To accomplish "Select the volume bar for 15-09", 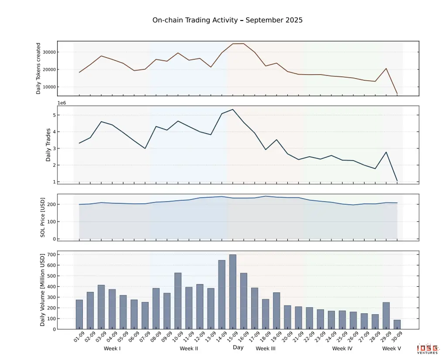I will (233, 291).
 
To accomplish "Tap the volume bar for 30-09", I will (397, 324).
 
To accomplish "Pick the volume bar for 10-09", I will (178, 301).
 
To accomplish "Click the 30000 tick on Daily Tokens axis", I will (48, 52).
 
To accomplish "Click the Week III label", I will (266, 349).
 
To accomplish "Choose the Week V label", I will (392, 349).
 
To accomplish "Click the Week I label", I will (112, 349).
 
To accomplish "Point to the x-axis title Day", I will (238, 347).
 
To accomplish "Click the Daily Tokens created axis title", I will (38, 68).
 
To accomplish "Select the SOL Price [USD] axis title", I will (43, 217).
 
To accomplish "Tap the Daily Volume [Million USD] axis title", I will (43, 290).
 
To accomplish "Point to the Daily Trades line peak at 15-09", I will (233, 110).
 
